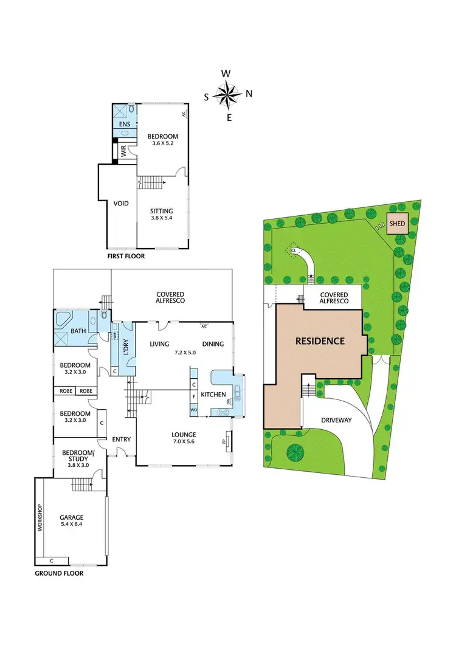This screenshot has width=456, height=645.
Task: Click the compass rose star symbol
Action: click(x=229, y=94)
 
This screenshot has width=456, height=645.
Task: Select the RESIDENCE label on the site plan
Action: click(x=320, y=341)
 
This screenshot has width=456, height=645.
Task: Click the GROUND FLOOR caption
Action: click(x=59, y=573)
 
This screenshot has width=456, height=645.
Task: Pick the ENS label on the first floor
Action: click(x=125, y=124)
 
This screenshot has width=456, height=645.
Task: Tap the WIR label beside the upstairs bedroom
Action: click(x=123, y=152)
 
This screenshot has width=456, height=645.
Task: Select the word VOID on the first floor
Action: click(x=121, y=204)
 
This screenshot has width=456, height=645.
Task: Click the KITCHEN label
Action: click(x=213, y=395)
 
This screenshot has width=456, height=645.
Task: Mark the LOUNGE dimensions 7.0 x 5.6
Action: click(x=183, y=443)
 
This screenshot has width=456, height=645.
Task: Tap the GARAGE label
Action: click(x=72, y=517)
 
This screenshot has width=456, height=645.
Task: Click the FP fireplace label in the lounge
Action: click(x=224, y=441)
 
